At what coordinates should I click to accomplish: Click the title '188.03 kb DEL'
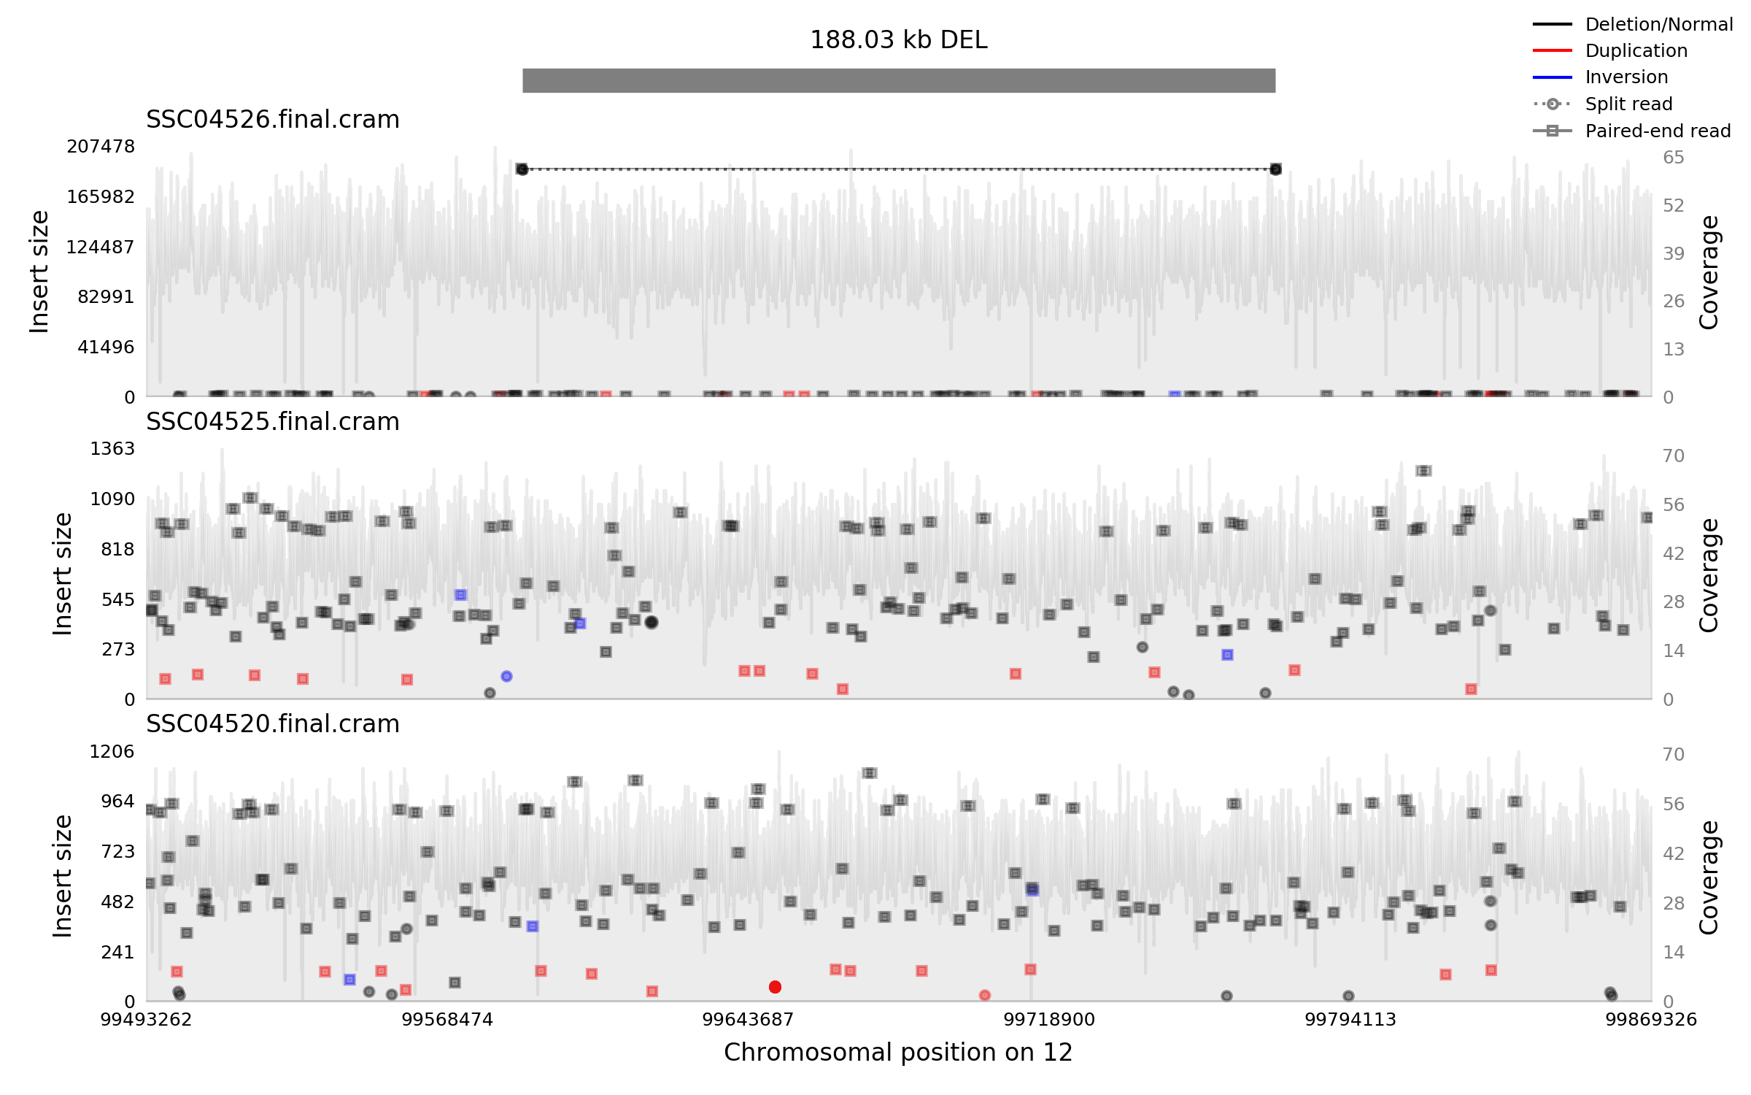tap(898, 40)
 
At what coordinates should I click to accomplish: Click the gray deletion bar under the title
tap(898, 80)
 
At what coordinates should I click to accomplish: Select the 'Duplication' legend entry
tap(1636, 51)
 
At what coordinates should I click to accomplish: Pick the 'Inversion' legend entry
tap(1626, 77)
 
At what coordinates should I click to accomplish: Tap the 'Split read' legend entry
tap(1628, 104)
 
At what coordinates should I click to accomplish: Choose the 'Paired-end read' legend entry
tap(1658, 131)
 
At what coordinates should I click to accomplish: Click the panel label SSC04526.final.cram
tap(272, 120)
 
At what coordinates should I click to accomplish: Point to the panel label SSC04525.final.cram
tap(272, 422)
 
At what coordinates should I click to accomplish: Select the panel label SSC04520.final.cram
tap(272, 724)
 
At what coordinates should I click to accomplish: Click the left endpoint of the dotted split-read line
tap(522, 169)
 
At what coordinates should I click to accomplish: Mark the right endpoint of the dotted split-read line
tap(1275, 169)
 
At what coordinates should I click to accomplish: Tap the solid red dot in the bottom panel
tap(775, 987)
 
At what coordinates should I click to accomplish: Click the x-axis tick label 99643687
tap(747, 1020)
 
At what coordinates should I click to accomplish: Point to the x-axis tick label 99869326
tap(1650, 1020)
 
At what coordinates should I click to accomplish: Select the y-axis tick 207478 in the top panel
tap(101, 147)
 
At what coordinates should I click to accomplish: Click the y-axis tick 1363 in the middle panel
tap(112, 449)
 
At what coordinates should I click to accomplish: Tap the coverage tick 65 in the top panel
tap(1674, 158)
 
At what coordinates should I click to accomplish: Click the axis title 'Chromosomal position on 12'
tap(898, 1053)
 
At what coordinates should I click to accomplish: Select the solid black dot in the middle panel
tap(652, 622)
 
